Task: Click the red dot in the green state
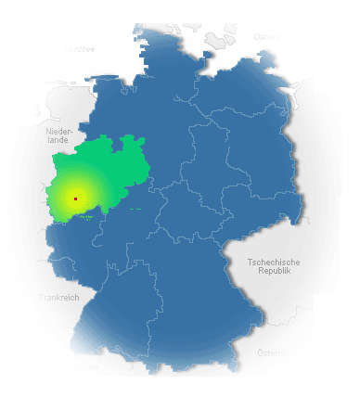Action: (x=75, y=198)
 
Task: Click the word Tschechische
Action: (x=276, y=263)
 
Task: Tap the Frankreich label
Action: (x=58, y=297)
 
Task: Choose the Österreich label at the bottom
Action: (x=275, y=353)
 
